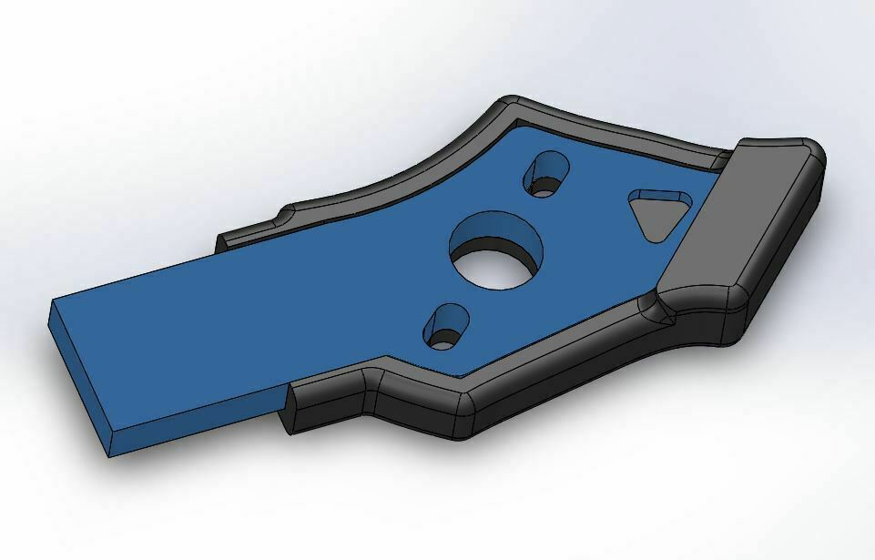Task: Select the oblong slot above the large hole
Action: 546,173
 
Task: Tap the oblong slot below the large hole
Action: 447,328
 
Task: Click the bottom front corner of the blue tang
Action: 110,454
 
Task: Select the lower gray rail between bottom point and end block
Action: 565,364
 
